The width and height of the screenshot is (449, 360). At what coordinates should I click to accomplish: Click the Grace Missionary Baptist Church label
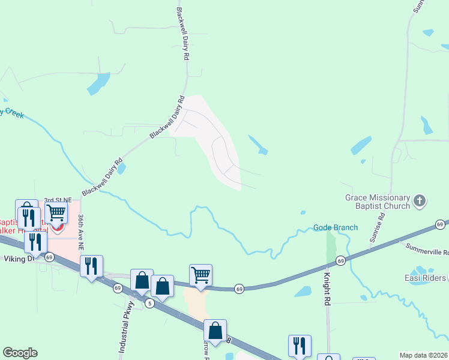pyautogui.click(x=378, y=202)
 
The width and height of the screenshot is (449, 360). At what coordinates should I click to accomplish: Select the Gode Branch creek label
pyautogui.click(x=336, y=227)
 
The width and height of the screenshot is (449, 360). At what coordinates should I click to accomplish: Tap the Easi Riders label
pyautogui.click(x=425, y=277)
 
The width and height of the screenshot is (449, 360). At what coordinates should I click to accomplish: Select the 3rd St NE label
pyautogui.click(x=57, y=200)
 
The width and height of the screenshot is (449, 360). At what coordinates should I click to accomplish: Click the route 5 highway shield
pyautogui.click(x=149, y=304)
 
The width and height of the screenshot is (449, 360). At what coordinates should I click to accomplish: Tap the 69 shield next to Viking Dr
pyautogui.click(x=49, y=257)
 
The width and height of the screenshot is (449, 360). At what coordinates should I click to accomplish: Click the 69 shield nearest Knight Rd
pyautogui.click(x=340, y=260)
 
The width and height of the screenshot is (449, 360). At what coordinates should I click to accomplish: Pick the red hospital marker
pyautogui.click(x=58, y=227)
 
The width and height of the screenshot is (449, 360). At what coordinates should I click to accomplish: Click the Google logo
pyautogui.click(x=20, y=353)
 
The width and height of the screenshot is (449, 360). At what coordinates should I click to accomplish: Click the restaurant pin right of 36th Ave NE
pyautogui.click(x=91, y=266)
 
